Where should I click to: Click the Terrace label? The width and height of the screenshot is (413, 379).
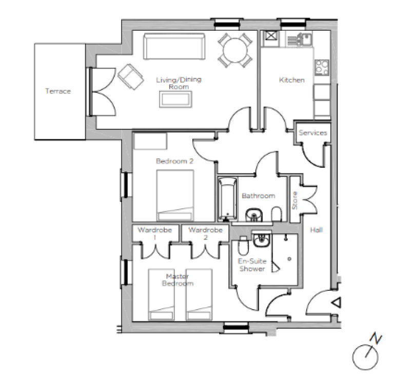coord(58,91)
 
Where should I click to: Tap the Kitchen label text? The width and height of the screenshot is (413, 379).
coord(292,80)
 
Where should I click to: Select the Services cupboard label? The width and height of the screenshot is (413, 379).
coord(313,133)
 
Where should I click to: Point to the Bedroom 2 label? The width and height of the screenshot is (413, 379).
coord(174,161)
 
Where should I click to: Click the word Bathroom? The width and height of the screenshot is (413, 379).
coord(259,196)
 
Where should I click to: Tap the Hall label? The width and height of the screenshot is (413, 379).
coord(317,230)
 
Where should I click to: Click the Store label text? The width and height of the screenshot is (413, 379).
coord(294,201)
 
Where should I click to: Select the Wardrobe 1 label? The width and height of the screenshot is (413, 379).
coord(155,234)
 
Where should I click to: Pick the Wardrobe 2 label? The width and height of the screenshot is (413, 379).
coord(205,234)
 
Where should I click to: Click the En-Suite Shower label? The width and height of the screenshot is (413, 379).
coord(252,265)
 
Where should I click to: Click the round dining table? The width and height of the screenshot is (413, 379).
coord(235,50)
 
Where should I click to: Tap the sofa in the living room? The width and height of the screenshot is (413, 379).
coord(174,47)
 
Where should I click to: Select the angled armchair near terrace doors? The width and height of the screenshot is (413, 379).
coord(131,76)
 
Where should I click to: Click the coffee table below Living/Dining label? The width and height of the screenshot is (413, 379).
coord(175,99)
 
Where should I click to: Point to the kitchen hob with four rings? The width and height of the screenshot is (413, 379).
coord(322,67)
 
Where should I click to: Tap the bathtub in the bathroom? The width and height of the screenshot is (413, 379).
coord(228,199)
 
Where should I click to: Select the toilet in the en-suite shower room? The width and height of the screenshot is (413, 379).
coord(243,246)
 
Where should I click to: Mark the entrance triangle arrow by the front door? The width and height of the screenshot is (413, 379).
coord(337,303)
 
